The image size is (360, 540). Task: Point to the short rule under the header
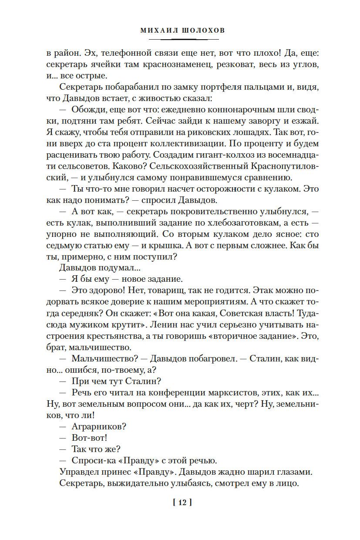tap(180, 39)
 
